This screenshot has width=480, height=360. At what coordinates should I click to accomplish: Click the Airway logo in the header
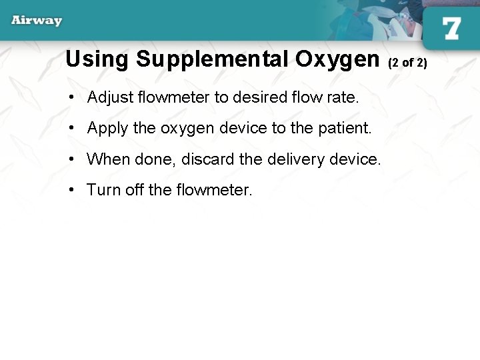coord(37,20)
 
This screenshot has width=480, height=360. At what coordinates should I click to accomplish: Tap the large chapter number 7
coord(451,28)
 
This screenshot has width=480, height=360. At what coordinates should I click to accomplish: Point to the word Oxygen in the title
coord(337,60)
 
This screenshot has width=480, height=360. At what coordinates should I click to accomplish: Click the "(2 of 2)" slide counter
coord(407,63)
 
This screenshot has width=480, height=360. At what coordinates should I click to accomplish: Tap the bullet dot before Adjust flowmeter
coord(71,98)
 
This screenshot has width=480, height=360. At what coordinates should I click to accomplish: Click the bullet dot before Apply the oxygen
coord(71,129)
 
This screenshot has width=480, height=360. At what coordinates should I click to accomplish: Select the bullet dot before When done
coord(71,160)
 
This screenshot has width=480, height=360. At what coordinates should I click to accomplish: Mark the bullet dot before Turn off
coord(71,191)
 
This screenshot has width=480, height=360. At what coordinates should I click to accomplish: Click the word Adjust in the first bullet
coord(109,98)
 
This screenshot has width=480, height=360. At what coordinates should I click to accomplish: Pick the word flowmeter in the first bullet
coord(173,97)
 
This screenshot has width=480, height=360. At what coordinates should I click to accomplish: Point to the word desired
coord(259,97)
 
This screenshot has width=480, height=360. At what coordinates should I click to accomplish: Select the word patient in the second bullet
coord(345,128)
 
